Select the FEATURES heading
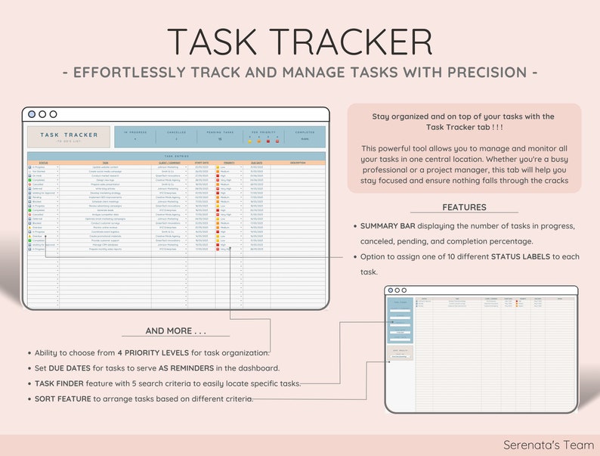coord(464,207)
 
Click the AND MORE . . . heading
coord(175,331)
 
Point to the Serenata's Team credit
coord(549,445)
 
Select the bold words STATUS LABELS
coord(524,257)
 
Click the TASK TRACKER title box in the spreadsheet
coord(69,136)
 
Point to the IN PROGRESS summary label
coord(135,132)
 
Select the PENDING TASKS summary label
coord(219,132)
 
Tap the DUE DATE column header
coord(256,162)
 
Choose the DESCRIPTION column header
coord(298,162)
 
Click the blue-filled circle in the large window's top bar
coord(32,114)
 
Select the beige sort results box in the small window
coord(400,353)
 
